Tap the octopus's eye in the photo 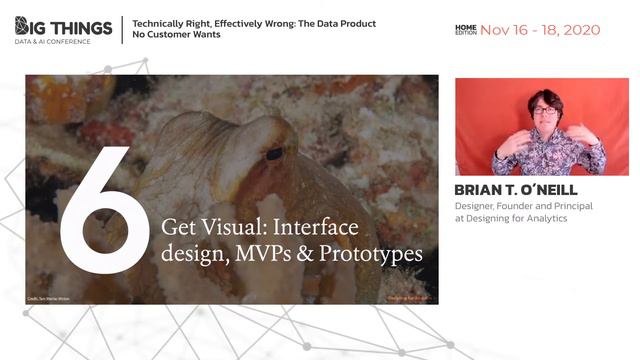[x=273, y=154]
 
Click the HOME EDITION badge [x=465, y=30]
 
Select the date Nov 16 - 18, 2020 [x=540, y=30]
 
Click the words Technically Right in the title [x=171, y=21]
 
